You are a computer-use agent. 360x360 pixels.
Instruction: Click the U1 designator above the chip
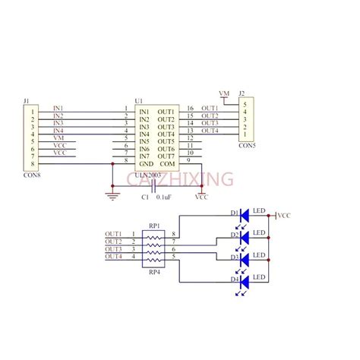coord(137,100)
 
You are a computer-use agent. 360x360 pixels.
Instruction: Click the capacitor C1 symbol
coord(154,186)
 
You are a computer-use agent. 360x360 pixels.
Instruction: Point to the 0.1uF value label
coord(163,197)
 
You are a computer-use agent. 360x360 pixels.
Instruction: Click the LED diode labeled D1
coord(245,216)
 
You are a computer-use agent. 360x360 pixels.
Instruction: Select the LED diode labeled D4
coord(245,281)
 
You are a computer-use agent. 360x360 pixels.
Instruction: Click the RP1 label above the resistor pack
coord(153,226)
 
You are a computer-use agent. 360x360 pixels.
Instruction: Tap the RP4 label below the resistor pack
coord(153,271)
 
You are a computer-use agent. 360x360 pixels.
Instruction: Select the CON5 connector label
coord(247,146)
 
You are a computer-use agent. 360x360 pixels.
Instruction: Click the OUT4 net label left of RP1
coord(113,257)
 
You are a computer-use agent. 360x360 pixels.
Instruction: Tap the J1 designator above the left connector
coord(27,100)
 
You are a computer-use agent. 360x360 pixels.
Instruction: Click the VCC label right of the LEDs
coord(285,216)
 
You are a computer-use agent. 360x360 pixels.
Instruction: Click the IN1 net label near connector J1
coord(58,109)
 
